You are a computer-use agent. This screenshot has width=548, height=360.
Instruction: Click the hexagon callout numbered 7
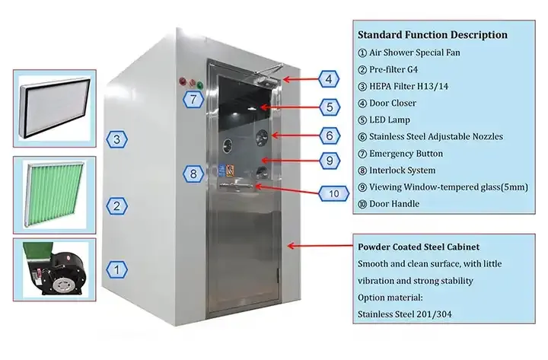[193, 99]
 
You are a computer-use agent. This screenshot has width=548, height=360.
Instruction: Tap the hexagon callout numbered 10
[333, 193]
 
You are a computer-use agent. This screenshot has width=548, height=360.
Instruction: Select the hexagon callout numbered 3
[116, 139]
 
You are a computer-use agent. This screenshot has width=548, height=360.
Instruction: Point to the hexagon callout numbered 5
[330, 107]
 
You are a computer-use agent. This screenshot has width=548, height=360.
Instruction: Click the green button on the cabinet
[199, 85]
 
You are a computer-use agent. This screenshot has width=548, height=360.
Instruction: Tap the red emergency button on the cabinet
[183, 81]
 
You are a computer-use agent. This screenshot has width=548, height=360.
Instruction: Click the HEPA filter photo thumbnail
[55, 108]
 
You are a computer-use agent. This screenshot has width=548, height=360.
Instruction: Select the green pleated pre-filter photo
[55, 195]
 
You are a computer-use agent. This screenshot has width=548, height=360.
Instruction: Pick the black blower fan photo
[55, 269]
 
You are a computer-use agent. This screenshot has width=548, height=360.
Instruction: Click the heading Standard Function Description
[432, 34]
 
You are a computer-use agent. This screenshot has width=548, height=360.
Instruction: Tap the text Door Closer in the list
[393, 103]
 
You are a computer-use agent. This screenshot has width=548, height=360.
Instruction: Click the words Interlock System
[403, 170]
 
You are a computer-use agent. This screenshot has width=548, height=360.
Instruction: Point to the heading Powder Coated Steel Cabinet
[419, 247]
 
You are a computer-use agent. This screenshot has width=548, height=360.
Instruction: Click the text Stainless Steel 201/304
[404, 314]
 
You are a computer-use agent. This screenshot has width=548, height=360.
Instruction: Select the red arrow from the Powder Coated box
[320, 246]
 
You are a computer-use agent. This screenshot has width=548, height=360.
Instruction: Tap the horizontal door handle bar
[237, 184]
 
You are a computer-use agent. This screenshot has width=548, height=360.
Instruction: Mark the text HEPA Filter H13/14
[409, 86]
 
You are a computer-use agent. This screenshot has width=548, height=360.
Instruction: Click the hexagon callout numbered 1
[116, 270]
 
